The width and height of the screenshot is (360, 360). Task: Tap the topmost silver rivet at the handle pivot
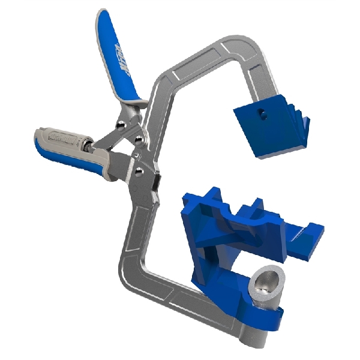pos(122,124)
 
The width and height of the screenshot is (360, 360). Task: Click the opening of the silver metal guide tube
pos(267,279)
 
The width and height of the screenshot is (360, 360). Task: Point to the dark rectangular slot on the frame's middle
pos(155,180)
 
